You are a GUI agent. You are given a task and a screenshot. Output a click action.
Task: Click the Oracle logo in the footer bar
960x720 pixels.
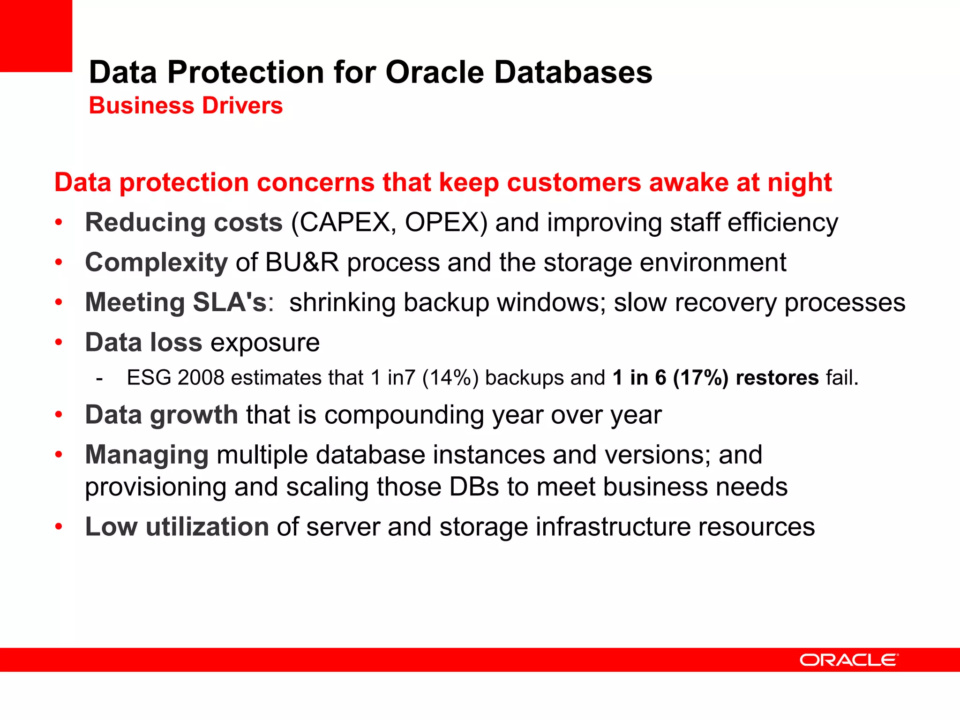click(x=849, y=660)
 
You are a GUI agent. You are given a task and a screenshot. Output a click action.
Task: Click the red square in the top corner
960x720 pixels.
click(x=36, y=36)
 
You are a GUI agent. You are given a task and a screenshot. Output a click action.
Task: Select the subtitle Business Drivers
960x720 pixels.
click(x=186, y=105)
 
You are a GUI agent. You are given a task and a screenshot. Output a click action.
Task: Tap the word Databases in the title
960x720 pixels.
click(x=573, y=73)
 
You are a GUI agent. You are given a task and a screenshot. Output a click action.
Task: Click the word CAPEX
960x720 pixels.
click(x=344, y=223)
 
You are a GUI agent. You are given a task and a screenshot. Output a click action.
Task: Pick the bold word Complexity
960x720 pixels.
click(x=156, y=262)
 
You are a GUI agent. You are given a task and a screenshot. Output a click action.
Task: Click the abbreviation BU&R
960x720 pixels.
click(x=301, y=262)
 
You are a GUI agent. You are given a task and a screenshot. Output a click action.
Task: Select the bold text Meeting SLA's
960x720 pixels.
click(x=176, y=302)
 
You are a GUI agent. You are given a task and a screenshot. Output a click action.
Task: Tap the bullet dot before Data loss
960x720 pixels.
click(x=59, y=342)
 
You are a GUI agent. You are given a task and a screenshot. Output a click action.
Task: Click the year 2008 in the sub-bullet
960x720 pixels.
click(x=201, y=378)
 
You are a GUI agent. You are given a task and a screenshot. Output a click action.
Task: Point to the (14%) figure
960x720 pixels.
click(x=450, y=378)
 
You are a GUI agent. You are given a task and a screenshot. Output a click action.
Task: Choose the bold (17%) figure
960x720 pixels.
click(x=700, y=378)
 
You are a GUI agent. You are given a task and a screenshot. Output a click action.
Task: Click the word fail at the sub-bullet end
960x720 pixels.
click(x=842, y=378)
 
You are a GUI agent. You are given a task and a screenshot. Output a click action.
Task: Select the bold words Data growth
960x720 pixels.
click(x=161, y=415)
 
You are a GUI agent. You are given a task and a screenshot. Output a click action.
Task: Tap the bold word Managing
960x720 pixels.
click(x=147, y=455)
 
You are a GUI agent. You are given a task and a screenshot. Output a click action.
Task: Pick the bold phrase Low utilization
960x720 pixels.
click(x=177, y=527)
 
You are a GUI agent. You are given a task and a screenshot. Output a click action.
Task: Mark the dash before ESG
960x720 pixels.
click(x=99, y=378)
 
